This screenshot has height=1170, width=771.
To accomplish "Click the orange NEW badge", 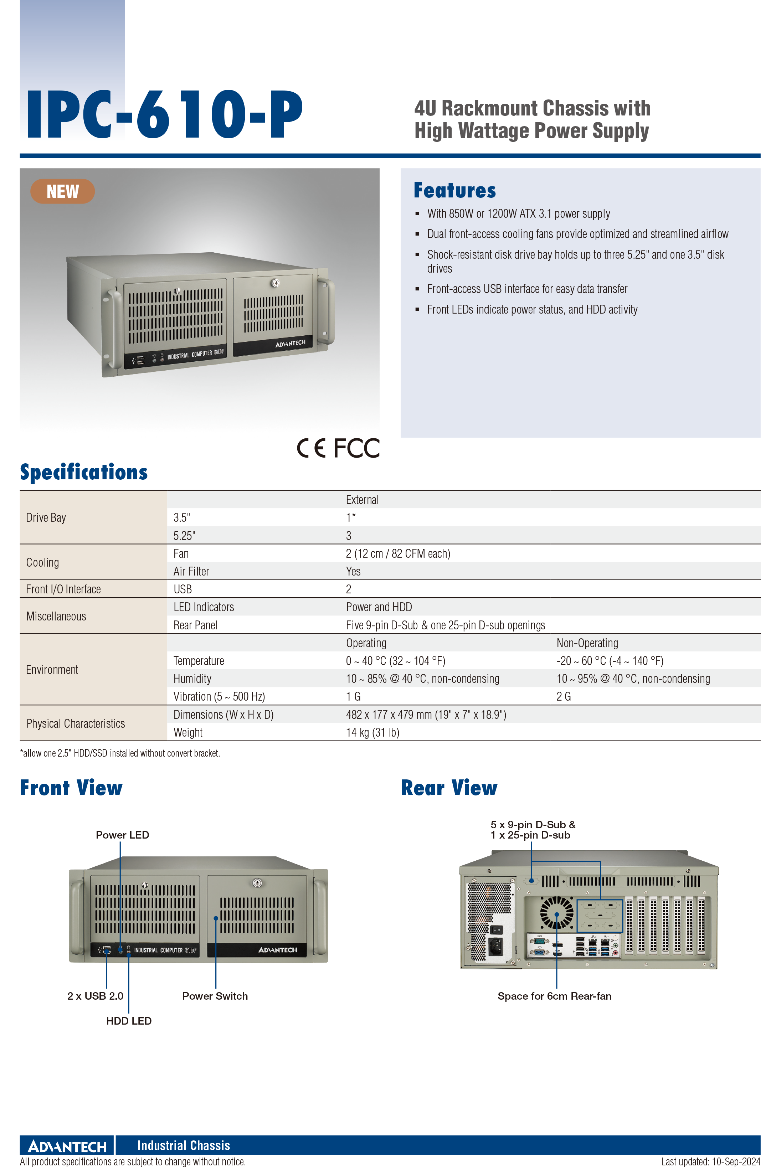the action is (62, 191).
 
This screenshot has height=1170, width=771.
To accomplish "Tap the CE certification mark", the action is (311, 448).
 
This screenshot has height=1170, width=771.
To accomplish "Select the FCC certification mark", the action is (356, 448).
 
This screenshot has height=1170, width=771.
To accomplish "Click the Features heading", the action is (455, 190).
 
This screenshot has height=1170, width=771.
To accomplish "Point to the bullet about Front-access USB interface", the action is (527, 289).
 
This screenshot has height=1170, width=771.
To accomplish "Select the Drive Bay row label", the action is (46, 518).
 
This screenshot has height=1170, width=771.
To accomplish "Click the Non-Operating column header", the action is (587, 643).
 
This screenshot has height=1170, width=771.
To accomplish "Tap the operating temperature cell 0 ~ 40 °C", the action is (395, 661).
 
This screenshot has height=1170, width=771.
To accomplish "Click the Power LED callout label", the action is (122, 835).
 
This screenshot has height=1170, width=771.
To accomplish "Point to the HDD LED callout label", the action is (129, 1021).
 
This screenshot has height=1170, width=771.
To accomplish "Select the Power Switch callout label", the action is (215, 996).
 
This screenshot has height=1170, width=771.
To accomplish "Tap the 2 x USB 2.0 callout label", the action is (96, 996).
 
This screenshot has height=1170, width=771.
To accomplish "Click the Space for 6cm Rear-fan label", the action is (555, 996).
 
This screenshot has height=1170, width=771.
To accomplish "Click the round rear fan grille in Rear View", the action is (557, 912).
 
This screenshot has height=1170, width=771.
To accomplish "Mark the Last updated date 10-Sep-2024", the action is (736, 1162).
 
